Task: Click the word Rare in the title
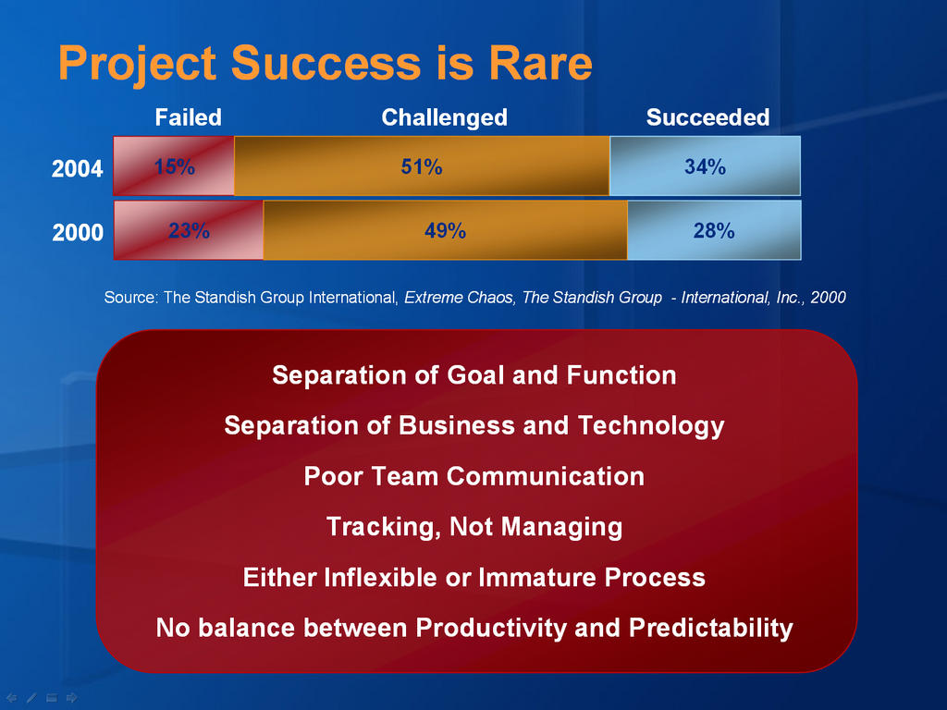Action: point(540,63)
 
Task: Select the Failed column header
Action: point(189,117)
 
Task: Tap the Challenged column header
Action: point(445,117)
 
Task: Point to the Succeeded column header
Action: point(707,117)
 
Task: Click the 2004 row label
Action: point(78,168)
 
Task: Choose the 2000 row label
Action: point(78,232)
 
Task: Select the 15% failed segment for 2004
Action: point(174,166)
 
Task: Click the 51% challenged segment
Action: point(422,166)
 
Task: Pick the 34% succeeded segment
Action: point(706,166)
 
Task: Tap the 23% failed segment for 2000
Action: point(189,230)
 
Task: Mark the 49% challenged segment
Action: point(446,230)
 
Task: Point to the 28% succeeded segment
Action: point(715,230)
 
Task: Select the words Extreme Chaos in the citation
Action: point(459,297)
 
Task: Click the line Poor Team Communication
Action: point(474,476)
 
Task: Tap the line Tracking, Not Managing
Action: point(474,526)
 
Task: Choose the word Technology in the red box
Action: point(651,425)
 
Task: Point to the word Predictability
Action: point(711,628)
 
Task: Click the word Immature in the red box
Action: point(537,577)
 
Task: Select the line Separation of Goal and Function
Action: point(474,375)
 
